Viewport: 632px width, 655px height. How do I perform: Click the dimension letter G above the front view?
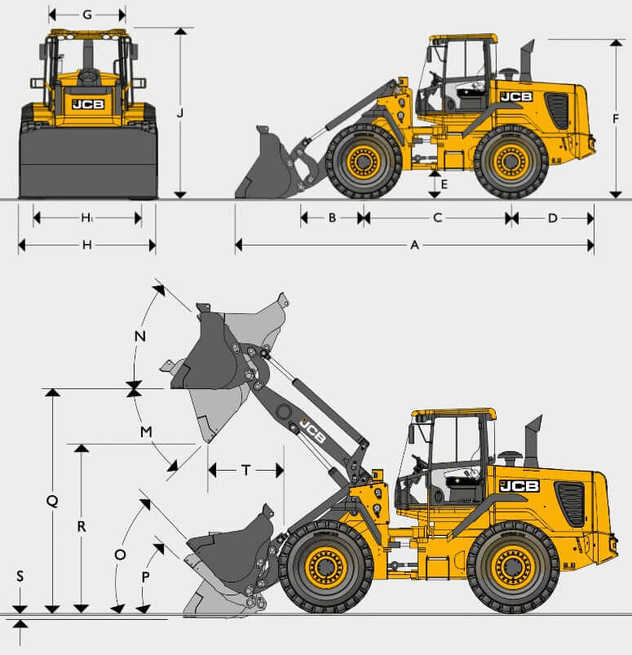87,15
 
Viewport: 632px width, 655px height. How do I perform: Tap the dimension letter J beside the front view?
180,113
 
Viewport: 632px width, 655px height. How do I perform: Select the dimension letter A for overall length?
414,246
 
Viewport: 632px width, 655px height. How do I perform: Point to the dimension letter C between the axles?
437,218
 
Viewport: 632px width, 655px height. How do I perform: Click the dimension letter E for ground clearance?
444,184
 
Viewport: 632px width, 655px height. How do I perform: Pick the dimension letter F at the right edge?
616,119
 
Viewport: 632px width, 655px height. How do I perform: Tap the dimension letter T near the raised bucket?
246,471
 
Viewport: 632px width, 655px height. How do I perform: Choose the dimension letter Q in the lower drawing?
52,501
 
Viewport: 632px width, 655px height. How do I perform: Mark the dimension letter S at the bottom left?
20,577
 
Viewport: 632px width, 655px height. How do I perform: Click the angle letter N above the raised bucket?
140,336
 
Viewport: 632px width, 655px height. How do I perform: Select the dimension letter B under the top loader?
332,218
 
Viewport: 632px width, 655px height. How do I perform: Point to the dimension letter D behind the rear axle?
552,218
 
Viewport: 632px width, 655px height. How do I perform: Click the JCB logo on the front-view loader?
88,104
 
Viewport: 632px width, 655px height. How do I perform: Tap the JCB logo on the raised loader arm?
313,431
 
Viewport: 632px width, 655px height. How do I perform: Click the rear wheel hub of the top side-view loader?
510,162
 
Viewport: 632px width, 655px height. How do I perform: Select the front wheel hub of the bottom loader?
326,567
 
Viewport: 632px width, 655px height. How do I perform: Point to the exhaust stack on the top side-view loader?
527,60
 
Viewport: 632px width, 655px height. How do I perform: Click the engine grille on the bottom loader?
570,504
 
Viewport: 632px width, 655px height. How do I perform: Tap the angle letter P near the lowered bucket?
145,577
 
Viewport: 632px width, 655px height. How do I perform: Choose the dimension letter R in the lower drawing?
82,527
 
